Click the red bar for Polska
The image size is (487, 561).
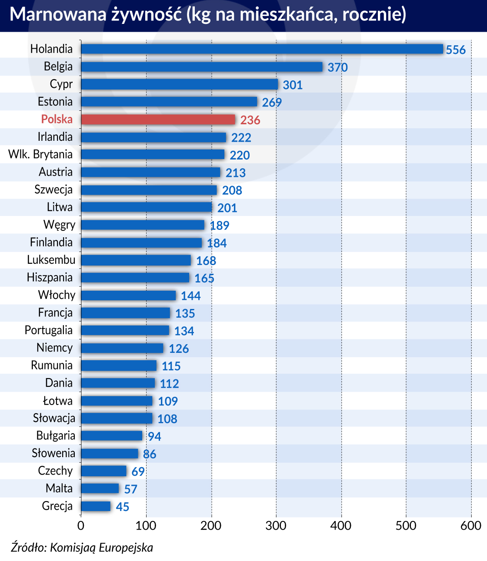tap(158, 120)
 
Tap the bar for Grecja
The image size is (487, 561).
tap(96, 506)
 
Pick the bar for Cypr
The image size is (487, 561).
tap(179, 84)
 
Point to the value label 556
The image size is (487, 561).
tap(456, 50)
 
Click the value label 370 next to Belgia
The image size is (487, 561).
tap(338, 67)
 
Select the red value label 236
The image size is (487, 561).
tap(250, 120)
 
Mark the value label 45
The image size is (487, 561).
tap(122, 507)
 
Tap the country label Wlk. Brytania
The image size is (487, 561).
tap(40, 155)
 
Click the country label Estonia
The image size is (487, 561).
tap(55, 102)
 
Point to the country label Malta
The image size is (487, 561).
tap(59, 488)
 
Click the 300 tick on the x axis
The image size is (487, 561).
tap(276, 526)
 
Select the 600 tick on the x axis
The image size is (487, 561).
tap(471, 526)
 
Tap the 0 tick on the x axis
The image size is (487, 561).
tap(81, 526)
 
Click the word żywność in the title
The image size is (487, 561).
tap(146, 15)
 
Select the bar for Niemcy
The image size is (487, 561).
tap(122, 348)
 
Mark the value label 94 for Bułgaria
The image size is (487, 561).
tap(154, 436)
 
